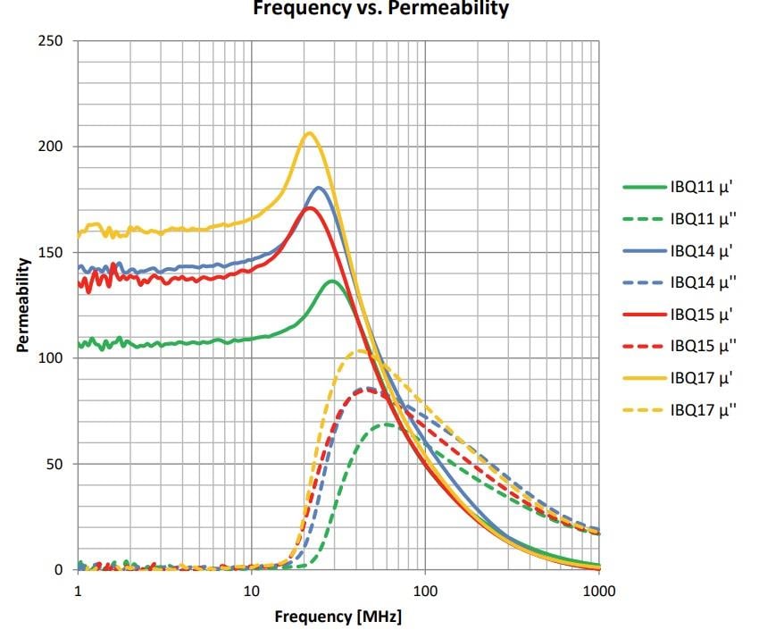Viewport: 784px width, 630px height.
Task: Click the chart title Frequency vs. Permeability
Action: tap(380, 9)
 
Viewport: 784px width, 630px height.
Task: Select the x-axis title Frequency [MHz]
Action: tap(338, 617)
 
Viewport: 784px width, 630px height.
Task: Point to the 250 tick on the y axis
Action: tap(55, 41)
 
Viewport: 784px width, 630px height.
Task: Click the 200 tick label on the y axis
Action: tap(55, 147)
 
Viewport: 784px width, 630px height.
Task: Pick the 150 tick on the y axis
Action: tap(55, 253)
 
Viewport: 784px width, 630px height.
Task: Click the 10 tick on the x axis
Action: tap(251, 591)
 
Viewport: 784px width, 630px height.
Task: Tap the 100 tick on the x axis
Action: tap(424, 591)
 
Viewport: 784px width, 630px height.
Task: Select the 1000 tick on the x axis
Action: tap(597, 591)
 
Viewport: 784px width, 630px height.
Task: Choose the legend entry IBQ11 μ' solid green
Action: tap(702, 188)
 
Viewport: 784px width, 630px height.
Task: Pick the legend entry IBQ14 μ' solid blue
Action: tap(702, 251)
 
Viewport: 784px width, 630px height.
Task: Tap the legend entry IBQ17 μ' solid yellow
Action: tap(702, 377)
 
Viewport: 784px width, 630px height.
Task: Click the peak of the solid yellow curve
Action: tap(309, 133)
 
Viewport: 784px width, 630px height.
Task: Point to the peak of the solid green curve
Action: tap(332, 281)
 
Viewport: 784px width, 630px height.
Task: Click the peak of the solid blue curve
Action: tap(319, 188)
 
